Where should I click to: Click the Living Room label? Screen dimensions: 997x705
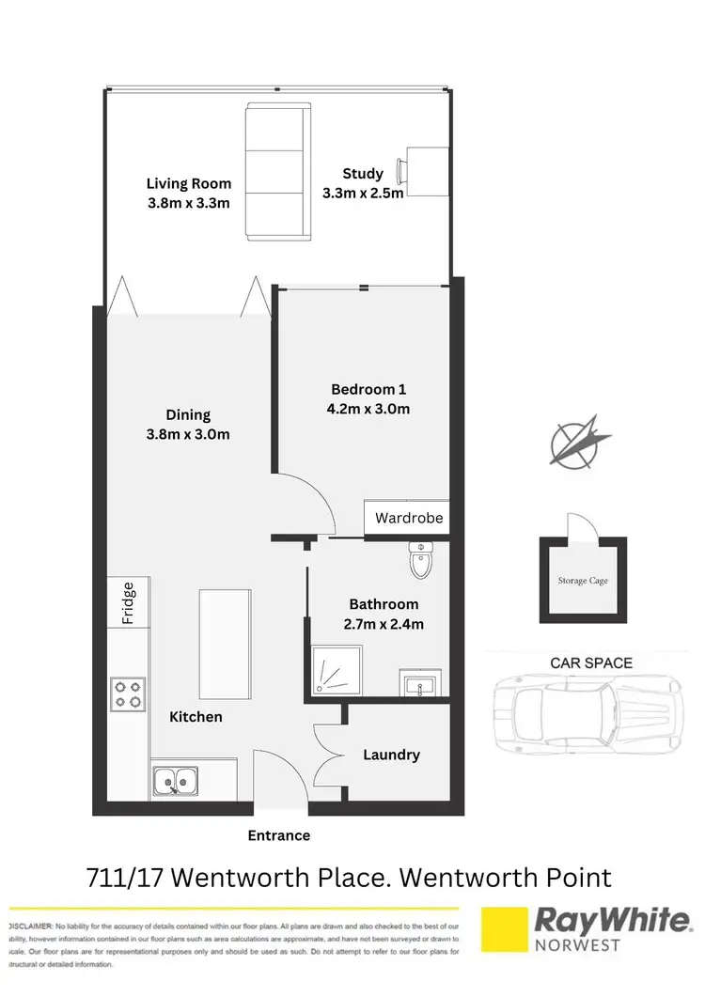pyautogui.click(x=188, y=183)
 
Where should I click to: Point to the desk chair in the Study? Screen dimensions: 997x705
pyautogui.click(x=402, y=172)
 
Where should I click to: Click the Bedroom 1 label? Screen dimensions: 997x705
pyautogui.click(x=368, y=389)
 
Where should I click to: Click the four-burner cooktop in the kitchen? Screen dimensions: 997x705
pyautogui.click(x=127, y=693)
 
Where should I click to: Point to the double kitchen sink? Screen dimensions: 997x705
pyautogui.click(x=174, y=779)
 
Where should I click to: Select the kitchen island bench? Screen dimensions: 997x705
pyautogui.click(x=226, y=638)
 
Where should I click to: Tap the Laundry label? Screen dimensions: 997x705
pyautogui.click(x=391, y=755)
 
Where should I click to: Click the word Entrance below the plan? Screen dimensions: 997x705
pyautogui.click(x=278, y=834)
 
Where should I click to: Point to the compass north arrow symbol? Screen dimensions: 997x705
pyautogui.click(x=575, y=440)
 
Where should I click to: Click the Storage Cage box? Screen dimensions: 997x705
pyautogui.click(x=582, y=581)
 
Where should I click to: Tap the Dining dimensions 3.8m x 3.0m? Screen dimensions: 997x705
pyautogui.click(x=188, y=434)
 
